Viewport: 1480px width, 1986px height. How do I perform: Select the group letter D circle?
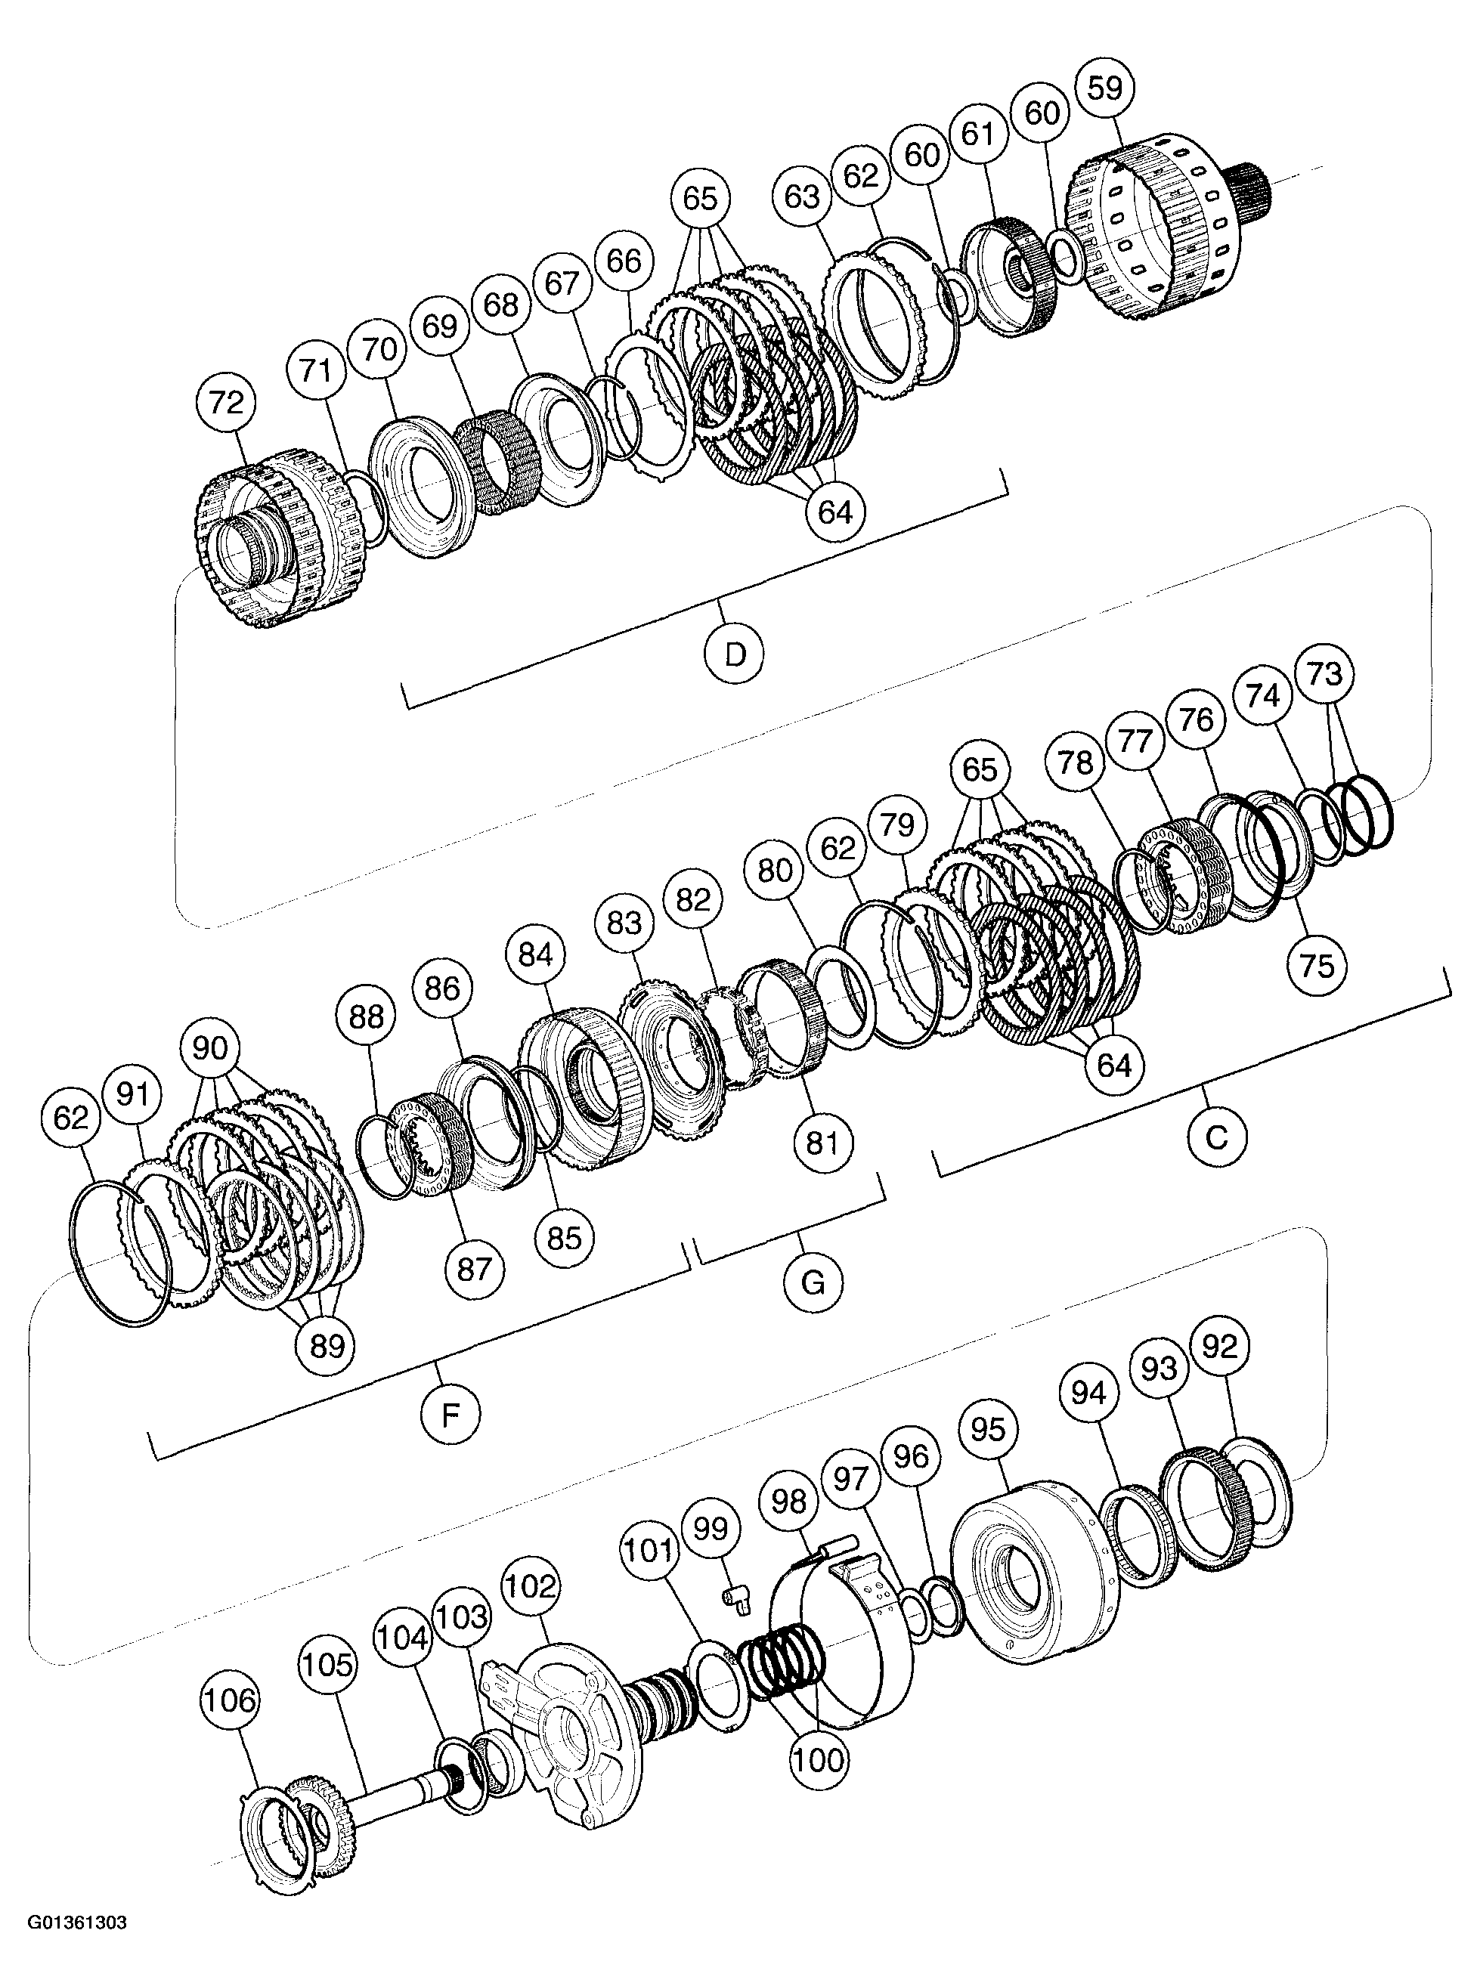[x=735, y=655]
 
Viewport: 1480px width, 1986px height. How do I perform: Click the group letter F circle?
[x=451, y=1415]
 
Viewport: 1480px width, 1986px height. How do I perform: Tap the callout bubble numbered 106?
[x=231, y=1700]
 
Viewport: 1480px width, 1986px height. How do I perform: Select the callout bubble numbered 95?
[x=988, y=1429]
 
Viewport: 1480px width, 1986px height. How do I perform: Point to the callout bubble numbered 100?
[x=819, y=1759]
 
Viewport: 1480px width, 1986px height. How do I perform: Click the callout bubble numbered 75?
[x=1317, y=966]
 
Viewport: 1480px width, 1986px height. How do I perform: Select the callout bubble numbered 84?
[x=535, y=955]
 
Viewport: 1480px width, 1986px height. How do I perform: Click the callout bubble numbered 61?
[x=978, y=135]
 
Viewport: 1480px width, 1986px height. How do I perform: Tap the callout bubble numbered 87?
[x=475, y=1269]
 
